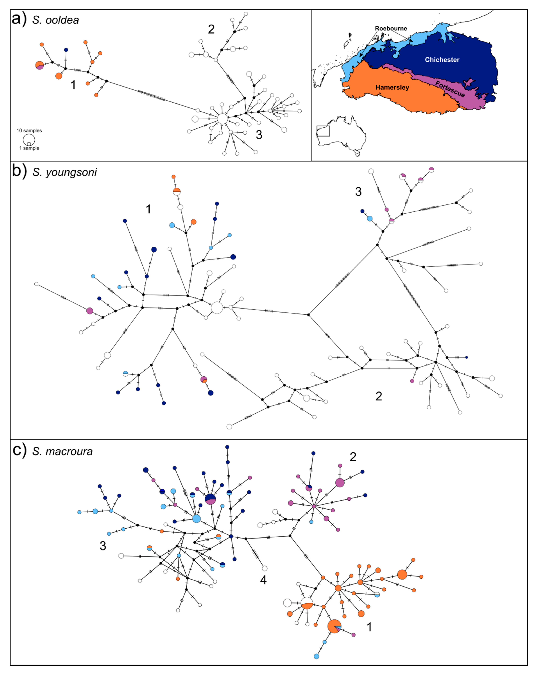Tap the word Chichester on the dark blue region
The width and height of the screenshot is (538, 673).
442,60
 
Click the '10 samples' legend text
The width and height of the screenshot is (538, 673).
29,131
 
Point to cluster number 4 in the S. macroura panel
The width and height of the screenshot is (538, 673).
263,580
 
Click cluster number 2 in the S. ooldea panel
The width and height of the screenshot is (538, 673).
211,29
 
